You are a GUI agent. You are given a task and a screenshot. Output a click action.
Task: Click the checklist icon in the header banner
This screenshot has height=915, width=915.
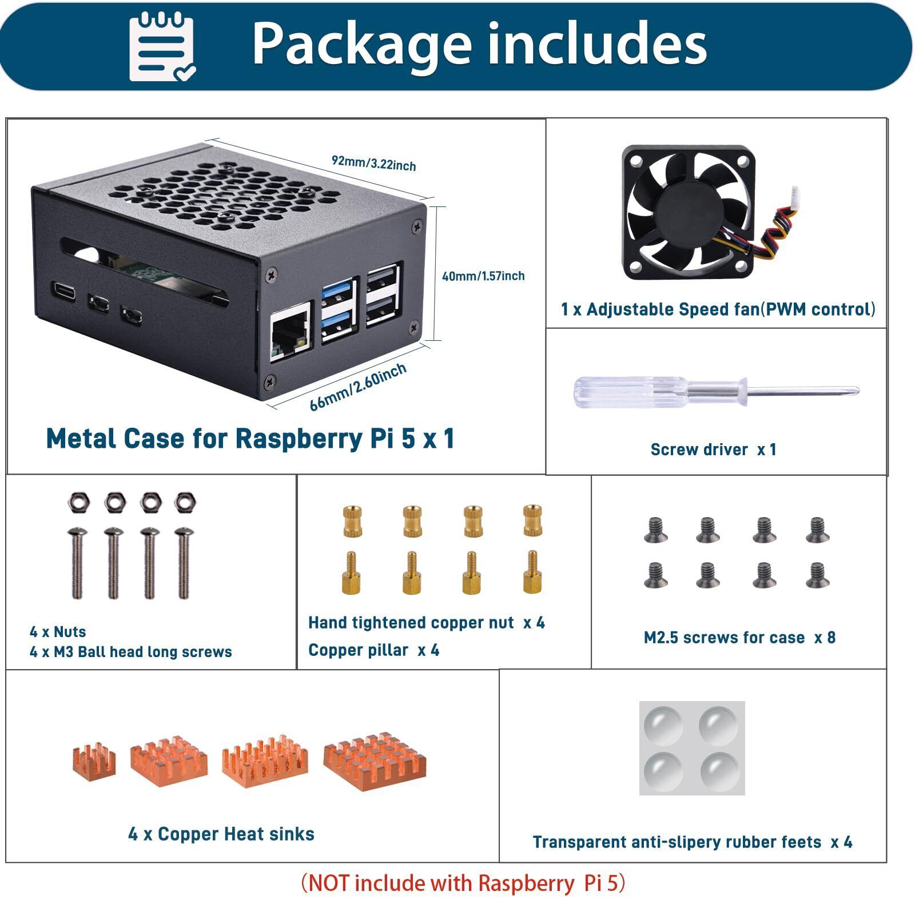coord(162,47)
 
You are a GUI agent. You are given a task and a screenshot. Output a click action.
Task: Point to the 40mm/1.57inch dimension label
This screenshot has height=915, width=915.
coord(483,276)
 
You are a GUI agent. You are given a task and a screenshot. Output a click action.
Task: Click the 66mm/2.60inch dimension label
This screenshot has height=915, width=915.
coord(358,387)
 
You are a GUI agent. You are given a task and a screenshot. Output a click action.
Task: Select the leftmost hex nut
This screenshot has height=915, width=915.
coord(78,502)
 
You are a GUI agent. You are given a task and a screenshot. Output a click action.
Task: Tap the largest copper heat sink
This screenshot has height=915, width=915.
coord(375,763)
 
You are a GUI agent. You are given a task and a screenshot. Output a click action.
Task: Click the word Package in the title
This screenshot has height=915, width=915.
coord(361,45)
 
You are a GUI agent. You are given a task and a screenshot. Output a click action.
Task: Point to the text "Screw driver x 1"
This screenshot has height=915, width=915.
coord(713,449)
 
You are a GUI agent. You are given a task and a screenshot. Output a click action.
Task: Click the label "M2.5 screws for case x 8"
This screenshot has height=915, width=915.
coord(739,638)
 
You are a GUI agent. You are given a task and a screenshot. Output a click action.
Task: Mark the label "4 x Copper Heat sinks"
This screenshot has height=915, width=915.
coord(221,834)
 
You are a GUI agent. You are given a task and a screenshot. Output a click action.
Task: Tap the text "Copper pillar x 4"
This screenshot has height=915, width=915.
coord(373,650)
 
